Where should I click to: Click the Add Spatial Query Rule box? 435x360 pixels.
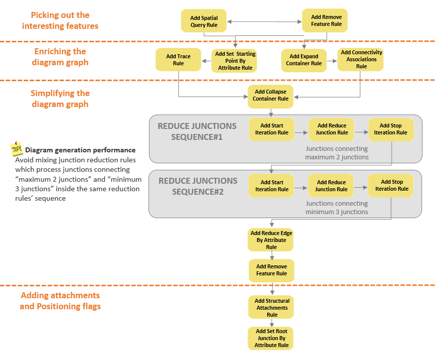point(204,21)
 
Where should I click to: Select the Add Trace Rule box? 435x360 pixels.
point(178,60)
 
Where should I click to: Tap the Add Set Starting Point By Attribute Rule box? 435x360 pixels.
point(235,61)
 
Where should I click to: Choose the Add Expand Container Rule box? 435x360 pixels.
point(303,60)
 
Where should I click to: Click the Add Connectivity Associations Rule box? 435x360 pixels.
point(361,60)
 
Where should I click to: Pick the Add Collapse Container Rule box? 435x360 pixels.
point(271,96)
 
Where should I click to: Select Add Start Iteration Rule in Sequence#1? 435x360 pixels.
point(272,129)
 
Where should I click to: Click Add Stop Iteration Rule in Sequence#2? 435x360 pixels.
point(392,186)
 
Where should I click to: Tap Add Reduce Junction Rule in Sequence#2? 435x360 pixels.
point(331,186)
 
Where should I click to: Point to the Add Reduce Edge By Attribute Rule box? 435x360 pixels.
point(271,240)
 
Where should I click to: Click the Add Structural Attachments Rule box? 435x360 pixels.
point(272,308)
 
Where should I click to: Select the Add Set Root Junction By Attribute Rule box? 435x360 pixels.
point(272,338)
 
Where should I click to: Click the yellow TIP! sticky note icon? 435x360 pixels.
point(16,149)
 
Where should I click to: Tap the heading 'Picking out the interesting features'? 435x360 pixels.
point(60,20)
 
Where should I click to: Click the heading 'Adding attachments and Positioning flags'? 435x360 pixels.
point(60,301)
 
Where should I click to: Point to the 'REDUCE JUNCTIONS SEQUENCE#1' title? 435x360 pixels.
point(197,131)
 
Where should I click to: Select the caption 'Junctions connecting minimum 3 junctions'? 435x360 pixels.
point(337,208)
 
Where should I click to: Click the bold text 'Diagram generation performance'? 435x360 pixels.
point(80,150)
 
